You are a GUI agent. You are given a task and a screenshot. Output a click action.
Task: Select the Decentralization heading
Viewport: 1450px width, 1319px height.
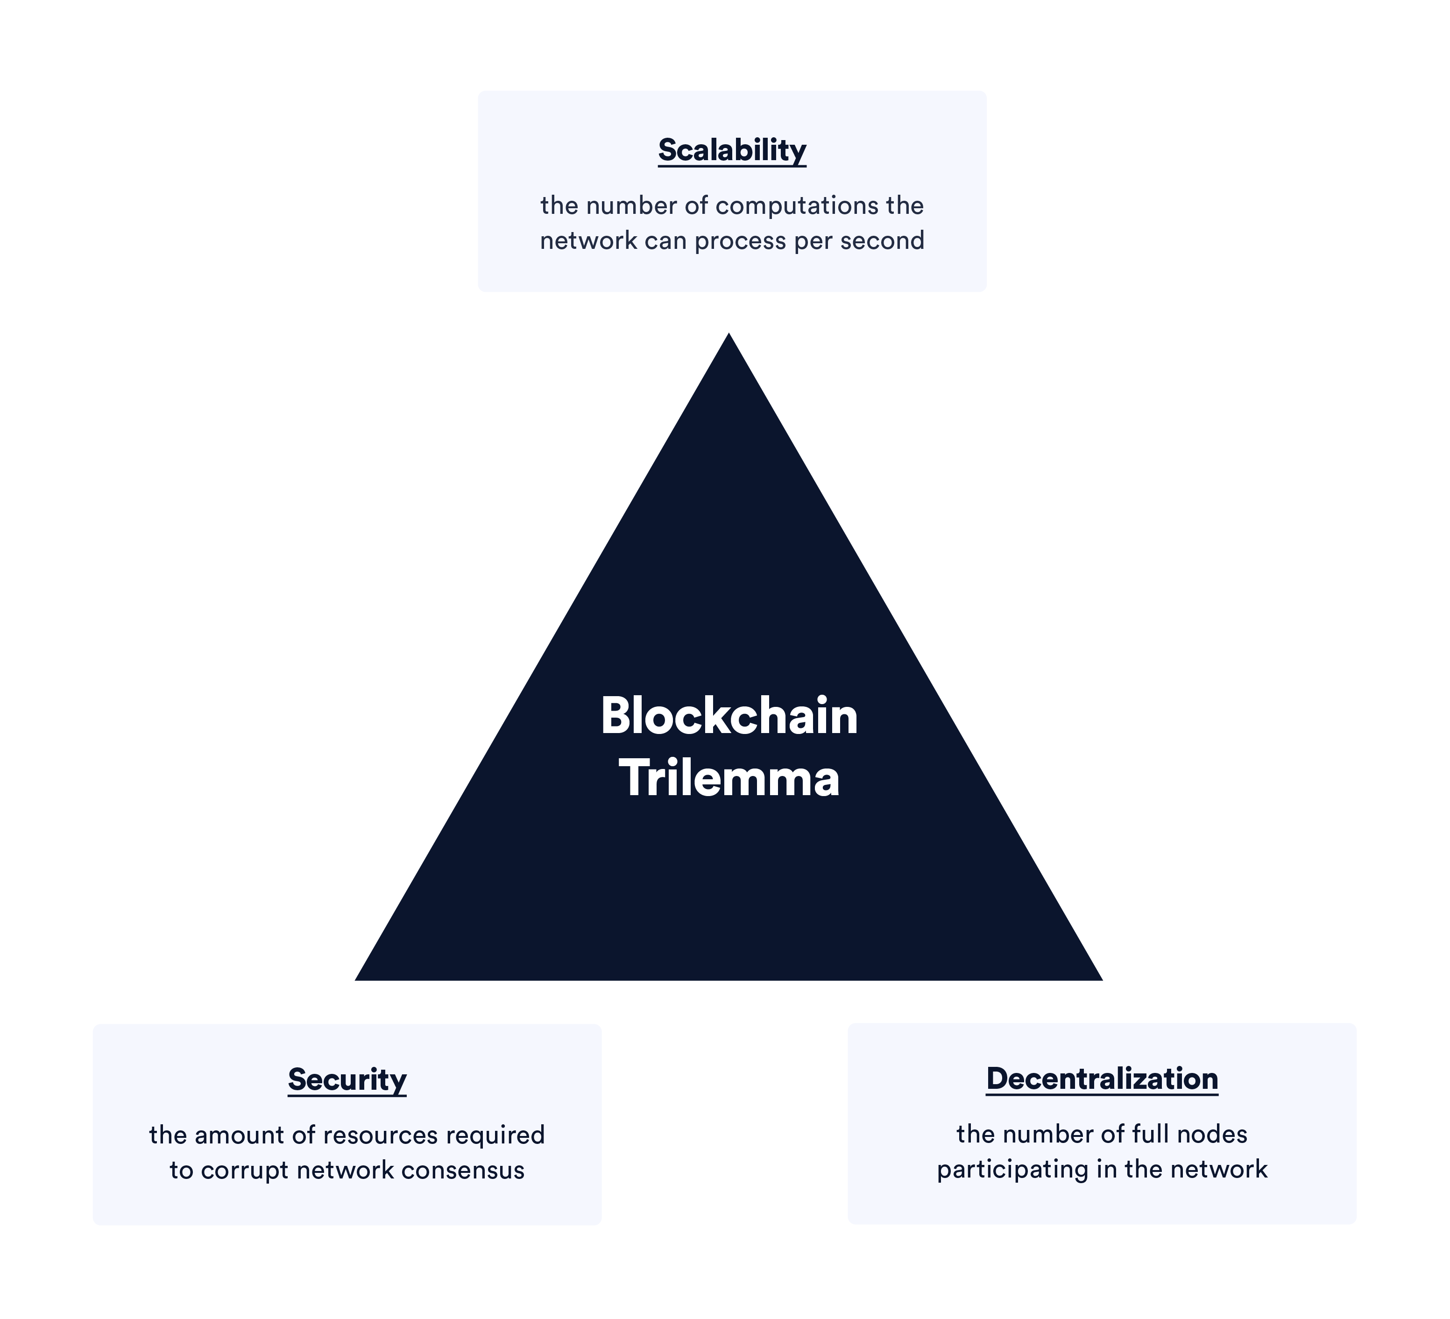tap(1102, 1079)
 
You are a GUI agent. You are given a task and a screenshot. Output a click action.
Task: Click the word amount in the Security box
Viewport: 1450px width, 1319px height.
tap(239, 1135)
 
